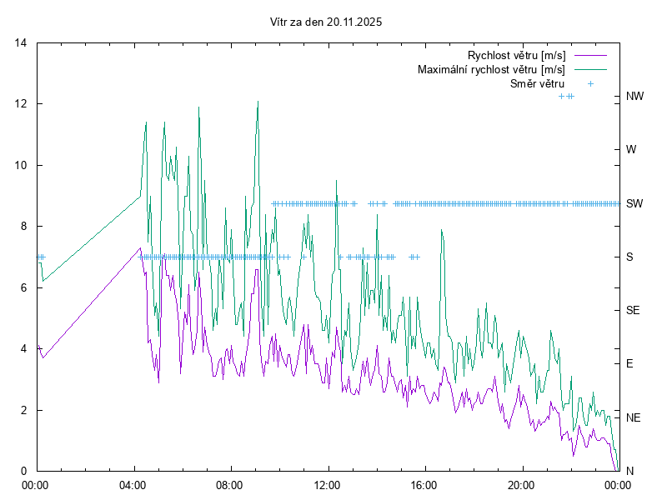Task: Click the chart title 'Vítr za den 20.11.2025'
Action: pos(327,22)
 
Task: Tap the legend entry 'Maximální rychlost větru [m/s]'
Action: pos(491,69)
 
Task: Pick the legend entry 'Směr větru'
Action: pos(537,83)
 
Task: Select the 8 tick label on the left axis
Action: pos(24,227)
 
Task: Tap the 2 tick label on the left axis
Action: pos(24,410)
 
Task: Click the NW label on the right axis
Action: pos(634,97)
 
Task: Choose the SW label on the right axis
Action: pos(634,203)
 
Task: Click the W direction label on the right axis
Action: pos(631,150)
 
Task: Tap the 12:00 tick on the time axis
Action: pos(327,483)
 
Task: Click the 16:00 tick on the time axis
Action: pos(424,483)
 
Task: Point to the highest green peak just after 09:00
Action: pos(258,102)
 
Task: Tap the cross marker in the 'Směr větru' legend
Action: pos(589,83)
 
